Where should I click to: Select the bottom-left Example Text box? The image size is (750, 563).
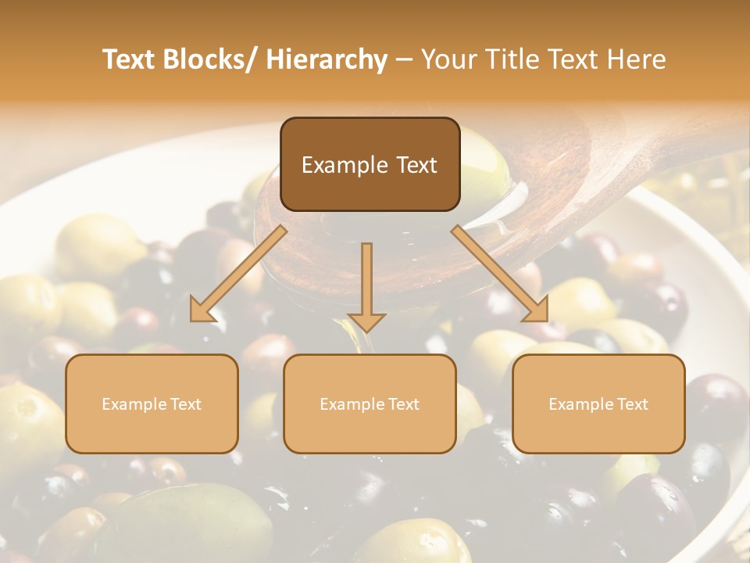(x=152, y=403)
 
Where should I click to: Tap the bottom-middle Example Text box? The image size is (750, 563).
(x=370, y=403)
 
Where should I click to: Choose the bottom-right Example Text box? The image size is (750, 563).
(x=598, y=403)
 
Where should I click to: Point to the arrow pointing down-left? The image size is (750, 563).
(x=238, y=274)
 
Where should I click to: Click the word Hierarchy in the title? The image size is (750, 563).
(x=327, y=59)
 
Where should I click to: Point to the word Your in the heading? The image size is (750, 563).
(x=447, y=59)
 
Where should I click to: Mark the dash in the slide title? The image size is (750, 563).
(x=404, y=59)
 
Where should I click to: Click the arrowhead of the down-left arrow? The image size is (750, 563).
(x=202, y=310)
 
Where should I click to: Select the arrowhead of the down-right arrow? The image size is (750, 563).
(x=536, y=310)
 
